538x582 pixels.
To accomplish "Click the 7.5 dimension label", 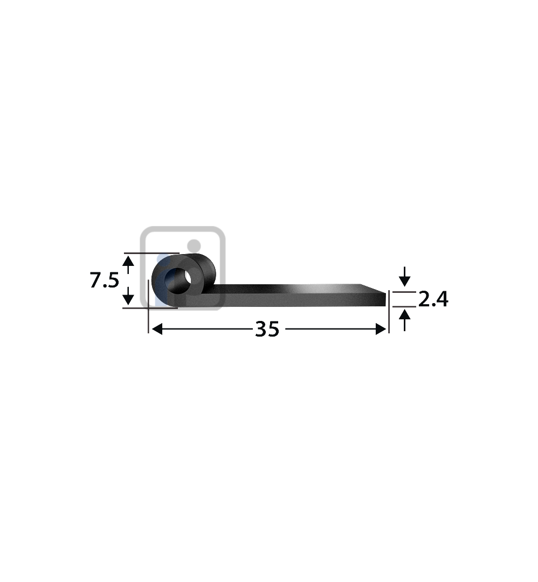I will [104, 280].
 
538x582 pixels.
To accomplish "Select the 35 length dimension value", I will [267, 329].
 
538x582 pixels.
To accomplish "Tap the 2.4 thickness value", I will [433, 299].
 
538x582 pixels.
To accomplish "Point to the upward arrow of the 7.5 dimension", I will [128, 263].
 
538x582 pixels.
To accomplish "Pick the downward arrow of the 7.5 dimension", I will [128, 296].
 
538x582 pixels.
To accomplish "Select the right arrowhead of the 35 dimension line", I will [381, 329].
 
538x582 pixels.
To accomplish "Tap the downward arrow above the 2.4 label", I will [404, 279].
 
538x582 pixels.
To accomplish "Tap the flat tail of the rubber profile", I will [296, 296].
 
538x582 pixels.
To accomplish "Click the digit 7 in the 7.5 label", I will [95, 280].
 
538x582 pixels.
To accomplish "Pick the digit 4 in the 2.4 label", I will [441, 299].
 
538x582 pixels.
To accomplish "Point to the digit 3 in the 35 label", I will [261, 329].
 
